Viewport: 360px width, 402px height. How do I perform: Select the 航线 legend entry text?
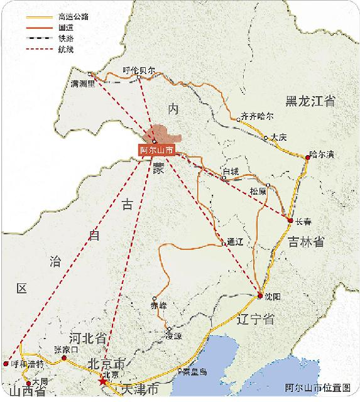pos(65,48)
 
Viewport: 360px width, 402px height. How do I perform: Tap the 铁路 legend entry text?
pos(65,38)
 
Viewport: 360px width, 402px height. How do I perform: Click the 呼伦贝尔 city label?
pos(138,70)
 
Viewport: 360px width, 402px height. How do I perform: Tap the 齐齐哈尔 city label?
pos(258,116)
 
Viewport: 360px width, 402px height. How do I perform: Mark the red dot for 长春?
pos(290,219)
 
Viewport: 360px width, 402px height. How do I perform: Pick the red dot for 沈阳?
pos(259,295)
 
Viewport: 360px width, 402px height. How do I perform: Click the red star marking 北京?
pos(102,381)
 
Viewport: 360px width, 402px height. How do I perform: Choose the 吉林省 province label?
pos(306,242)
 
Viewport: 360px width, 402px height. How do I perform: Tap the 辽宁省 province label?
pos(256,319)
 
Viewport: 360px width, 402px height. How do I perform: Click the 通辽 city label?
pos(234,241)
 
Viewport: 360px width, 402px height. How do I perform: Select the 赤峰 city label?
pos(159,307)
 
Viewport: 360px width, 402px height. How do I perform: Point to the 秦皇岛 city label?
pos(195,371)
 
